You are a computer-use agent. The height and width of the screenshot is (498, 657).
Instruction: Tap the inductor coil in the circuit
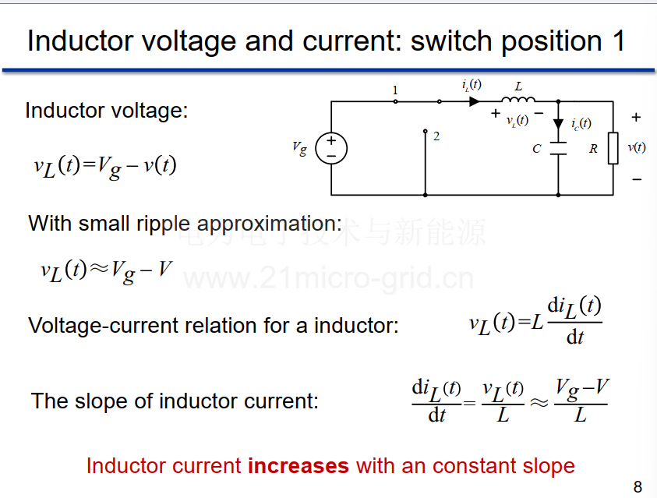click(518, 99)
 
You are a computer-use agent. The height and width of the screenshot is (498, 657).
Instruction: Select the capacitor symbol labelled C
click(558, 149)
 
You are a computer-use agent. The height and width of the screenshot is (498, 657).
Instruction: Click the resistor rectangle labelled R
click(613, 148)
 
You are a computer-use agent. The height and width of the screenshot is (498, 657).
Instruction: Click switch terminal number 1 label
click(394, 90)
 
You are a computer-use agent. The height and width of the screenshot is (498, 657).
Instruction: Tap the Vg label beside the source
click(299, 148)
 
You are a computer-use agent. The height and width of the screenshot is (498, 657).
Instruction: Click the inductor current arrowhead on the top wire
click(475, 101)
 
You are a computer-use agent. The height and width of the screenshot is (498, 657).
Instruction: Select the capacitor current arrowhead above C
click(558, 124)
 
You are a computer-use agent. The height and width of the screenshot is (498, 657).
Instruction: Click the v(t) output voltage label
click(637, 147)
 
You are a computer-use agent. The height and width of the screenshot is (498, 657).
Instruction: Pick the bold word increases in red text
click(298, 466)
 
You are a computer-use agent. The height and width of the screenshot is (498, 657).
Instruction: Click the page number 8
click(638, 486)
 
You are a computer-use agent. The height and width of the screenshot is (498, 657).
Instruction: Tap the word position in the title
click(553, 42)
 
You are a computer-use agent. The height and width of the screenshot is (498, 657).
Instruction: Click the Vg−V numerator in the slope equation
click(582, 390)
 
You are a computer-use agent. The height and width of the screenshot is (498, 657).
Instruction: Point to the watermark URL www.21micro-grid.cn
click(329, 277)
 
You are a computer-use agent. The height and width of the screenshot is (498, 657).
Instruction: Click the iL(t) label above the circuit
click(472, 85)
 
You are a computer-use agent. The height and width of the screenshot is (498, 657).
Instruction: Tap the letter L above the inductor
click(518, 87)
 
